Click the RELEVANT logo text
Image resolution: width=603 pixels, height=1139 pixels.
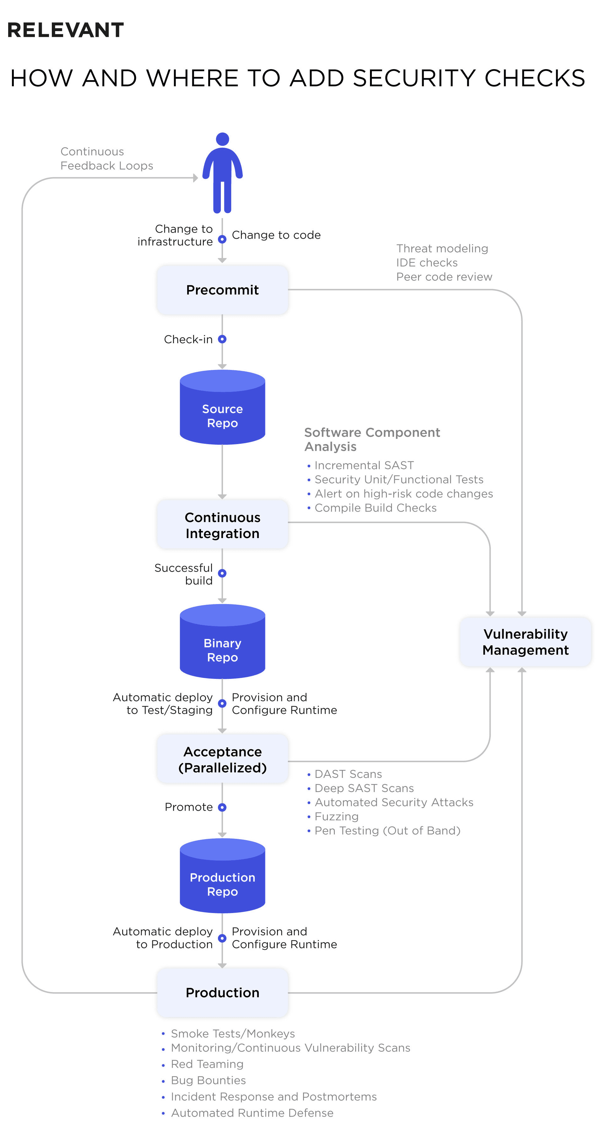tap(65, 30)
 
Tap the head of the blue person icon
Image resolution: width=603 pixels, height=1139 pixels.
tap(222, 139)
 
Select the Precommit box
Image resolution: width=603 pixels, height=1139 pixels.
tap(222, 289)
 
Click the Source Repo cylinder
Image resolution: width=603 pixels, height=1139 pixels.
tap(222, 411)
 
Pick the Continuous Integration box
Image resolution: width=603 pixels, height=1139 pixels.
tap(222, 525)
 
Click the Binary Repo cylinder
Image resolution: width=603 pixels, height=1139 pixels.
tap(222, 646)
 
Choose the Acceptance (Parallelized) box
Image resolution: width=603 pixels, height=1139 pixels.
tap(222, 759)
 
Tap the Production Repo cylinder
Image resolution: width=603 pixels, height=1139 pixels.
tap(222, 880)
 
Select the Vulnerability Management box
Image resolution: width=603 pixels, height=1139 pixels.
tap(525, 641)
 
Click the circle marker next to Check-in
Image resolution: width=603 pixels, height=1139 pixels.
tap(222, 339)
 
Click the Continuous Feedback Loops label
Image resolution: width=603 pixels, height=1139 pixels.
tap(106, 158)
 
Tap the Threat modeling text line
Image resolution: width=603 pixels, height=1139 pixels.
tap(442, 249)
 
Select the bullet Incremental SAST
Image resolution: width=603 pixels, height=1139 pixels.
tap(364, 465)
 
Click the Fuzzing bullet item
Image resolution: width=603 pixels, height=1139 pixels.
tap(336, 816)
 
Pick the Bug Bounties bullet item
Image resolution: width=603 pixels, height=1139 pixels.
tap(208, 1080)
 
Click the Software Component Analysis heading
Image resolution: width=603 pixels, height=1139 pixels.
tap(372, 439)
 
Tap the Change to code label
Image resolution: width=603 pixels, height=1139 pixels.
tap(276, 235)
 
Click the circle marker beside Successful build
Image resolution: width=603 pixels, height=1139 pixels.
tap(222, 573)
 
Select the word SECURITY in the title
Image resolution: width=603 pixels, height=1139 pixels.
tap(414, 78)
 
